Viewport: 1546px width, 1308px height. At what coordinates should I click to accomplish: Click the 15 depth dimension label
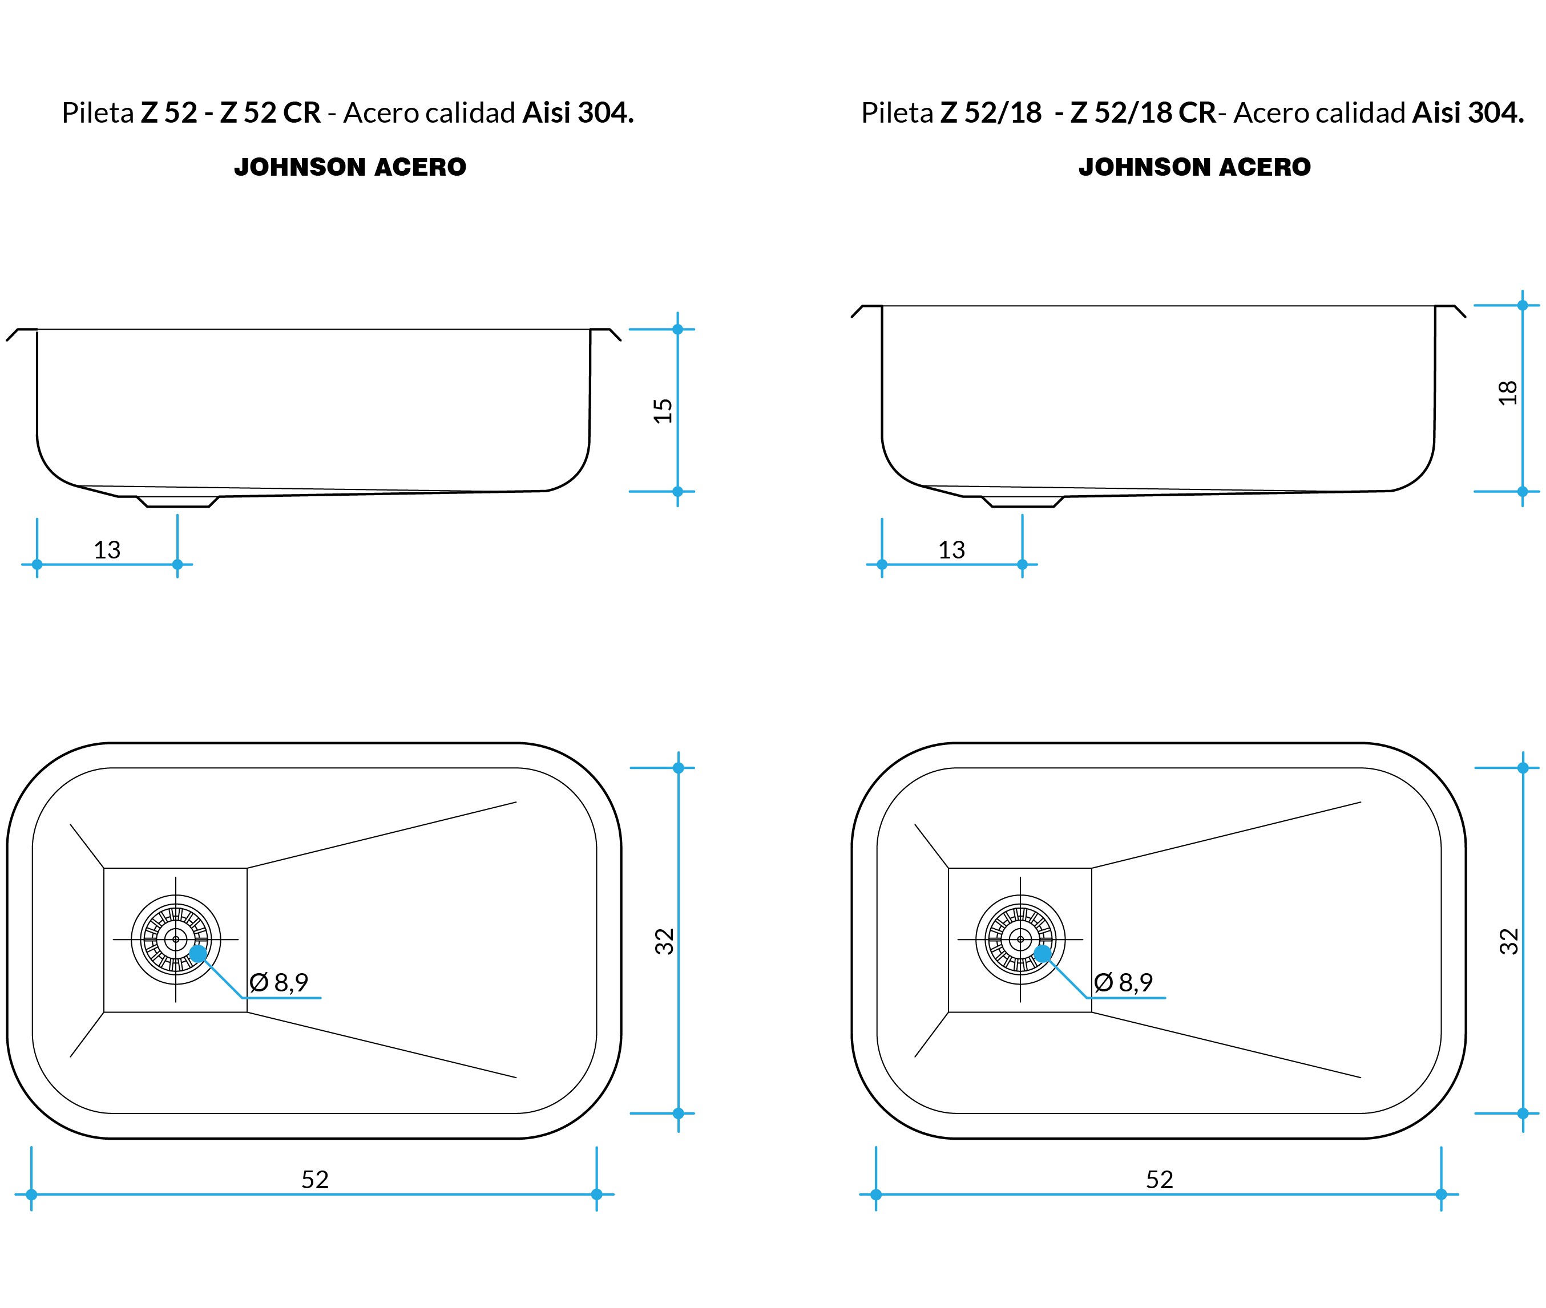point(663,411)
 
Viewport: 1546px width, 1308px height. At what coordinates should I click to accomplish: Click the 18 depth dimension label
point(1507,393)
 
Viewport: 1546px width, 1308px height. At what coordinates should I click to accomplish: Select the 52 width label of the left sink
point(314,1180)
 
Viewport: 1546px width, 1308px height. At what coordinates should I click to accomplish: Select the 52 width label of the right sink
point(1160,1180)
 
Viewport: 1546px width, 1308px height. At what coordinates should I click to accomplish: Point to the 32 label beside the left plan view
point(664,941)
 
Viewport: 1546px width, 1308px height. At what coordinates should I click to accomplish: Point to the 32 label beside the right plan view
point(1509,941)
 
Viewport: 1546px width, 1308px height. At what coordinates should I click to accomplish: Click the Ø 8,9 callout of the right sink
point(1124,982)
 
